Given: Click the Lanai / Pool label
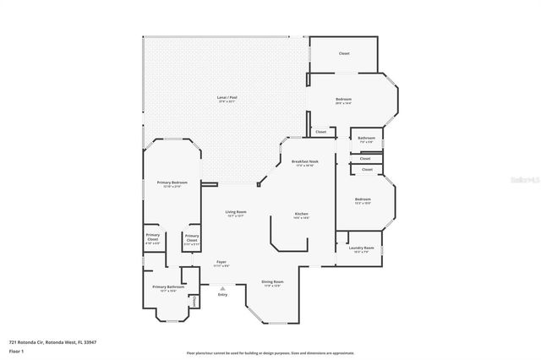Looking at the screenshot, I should pos(226,99).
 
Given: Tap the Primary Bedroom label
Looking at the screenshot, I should pos(172,183).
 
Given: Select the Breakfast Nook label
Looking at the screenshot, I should pos(304,161).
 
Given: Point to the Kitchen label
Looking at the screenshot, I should pos(301,215).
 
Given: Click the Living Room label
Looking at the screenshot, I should pos(235,212).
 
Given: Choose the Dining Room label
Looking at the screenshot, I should pos(272,281).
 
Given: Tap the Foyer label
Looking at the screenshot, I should pos(221,262).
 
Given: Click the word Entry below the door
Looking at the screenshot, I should pos(222,295).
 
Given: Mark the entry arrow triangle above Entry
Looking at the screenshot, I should pos(222,287).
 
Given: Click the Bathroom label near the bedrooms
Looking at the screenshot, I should pos(366,138).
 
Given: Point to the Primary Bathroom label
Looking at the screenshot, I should pos(168,287).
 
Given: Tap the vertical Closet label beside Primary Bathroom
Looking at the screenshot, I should pos(194,302).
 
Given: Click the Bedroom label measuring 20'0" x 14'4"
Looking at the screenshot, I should pos(343,100).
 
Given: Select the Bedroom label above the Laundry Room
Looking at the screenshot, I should pos(363,199).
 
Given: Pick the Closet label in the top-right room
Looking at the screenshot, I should pos(344,54).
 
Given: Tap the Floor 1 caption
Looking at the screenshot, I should pos(17,350).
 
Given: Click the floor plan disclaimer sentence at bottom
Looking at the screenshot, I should pos(270,353).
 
